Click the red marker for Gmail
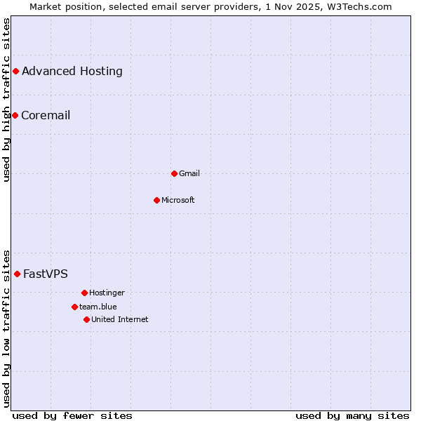pyautogui.click(x=174, y=173)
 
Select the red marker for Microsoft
pyautogui.click(x=156, y=200)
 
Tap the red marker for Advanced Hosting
pyautogui.click(x=15, y=71)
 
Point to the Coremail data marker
pyautogui.click(x=15, y=115)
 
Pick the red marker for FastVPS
pyautogui.click(x=17, y=274)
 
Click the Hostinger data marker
pyautogui.click(x=84, y=293)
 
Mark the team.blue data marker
pyautogui.click(x=74, y=307)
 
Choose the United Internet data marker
pyautogui.click(x=86, y=319)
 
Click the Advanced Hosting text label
pyautogui.click(x=72, y=71)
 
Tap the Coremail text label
pyautogui.click(x=46, y=115)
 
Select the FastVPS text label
pyautogui.click(x=46, y=274)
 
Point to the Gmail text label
pyautogui.click(x=189, y=173)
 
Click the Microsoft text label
pyautogui.click(x=178, y=200)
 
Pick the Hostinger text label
pyautogui.click(x=107, y=293)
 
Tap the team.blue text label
pyautogui.click(x=98, y=307)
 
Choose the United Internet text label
pyautogui.click(x=120, y=319)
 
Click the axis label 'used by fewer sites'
pyautogui.click(x=72, y=415)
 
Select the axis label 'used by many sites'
pyautogui.click(x=352, y=415)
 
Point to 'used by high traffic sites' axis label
pyautogui.click(x=6, y=100)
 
